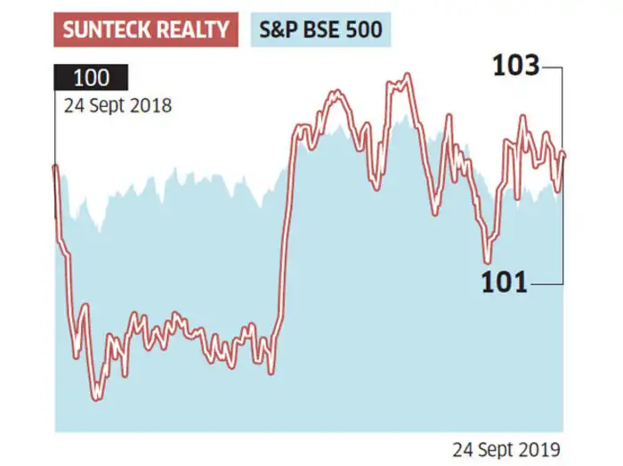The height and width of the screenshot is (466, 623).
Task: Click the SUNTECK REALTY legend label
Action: click(146, 31)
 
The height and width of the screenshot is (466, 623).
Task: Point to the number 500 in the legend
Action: click(363, 31)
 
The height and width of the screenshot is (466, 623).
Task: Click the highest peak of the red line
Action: click(408, 76)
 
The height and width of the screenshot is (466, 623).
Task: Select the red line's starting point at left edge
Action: click(56, 167)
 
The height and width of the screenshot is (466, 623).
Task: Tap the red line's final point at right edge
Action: click(564, 156)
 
